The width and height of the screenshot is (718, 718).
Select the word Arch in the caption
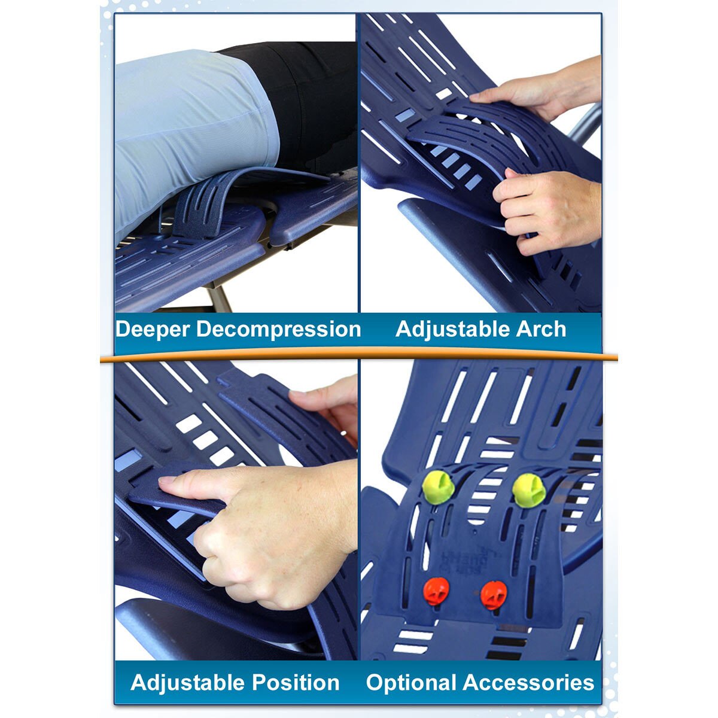tap(543, 329)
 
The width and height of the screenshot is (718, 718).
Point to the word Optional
tap(411, 683)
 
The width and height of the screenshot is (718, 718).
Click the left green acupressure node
tap(438, 487)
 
